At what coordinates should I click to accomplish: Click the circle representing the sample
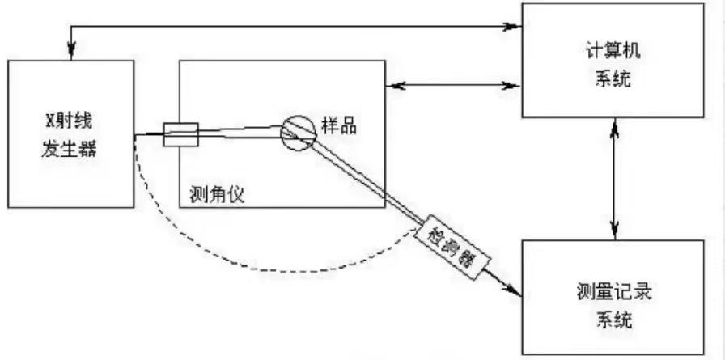pyautogui.click(x=297, y=132)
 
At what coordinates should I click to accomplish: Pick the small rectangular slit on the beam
pyautogui.click(x=180, y=134)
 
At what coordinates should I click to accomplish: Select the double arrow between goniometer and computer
pyautogui.click(x=453, y=83)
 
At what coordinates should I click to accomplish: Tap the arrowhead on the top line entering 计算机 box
pyautogui.click(x=515, y=27)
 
